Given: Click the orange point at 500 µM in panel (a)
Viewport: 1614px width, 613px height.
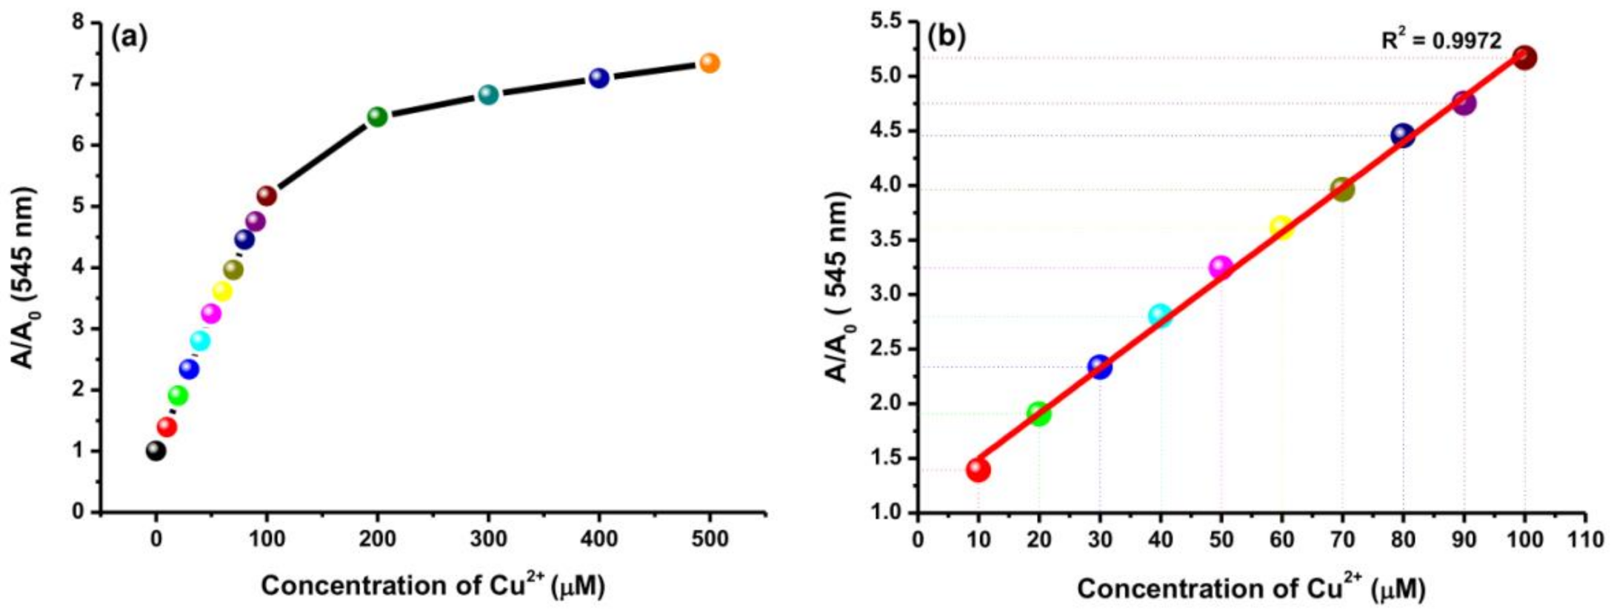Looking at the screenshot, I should coord(709,63).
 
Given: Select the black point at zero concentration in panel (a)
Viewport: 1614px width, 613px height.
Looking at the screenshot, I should coord(156,450).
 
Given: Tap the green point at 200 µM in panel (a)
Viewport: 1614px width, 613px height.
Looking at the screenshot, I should coord(377,116).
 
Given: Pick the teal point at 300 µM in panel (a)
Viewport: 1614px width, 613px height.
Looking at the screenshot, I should coord(487,94).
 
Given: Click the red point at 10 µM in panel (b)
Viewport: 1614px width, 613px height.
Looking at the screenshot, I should coord(978,469).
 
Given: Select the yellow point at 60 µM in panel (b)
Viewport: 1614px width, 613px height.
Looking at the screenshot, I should coord(1281,227).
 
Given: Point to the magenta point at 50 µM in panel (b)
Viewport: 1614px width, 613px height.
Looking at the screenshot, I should coord(1221,267).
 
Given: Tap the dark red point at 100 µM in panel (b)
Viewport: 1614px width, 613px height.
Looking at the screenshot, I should coord(1524,57).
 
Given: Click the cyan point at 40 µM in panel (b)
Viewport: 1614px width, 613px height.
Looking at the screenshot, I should coord(1160,316).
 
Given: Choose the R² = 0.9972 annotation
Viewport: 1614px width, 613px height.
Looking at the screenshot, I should coord(1441,41).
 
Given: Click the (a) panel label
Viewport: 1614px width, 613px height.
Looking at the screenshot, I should coord(129,37).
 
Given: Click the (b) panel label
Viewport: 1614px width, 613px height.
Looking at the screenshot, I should coord(947,37).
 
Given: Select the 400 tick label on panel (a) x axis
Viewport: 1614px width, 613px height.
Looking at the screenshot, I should coord(598,539).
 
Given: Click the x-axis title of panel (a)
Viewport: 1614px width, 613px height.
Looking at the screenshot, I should coord(433,586).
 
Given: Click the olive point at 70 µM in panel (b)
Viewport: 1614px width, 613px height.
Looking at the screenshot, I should coord(1342,190).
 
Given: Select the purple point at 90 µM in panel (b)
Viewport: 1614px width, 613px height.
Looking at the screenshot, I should coord(1464,103).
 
